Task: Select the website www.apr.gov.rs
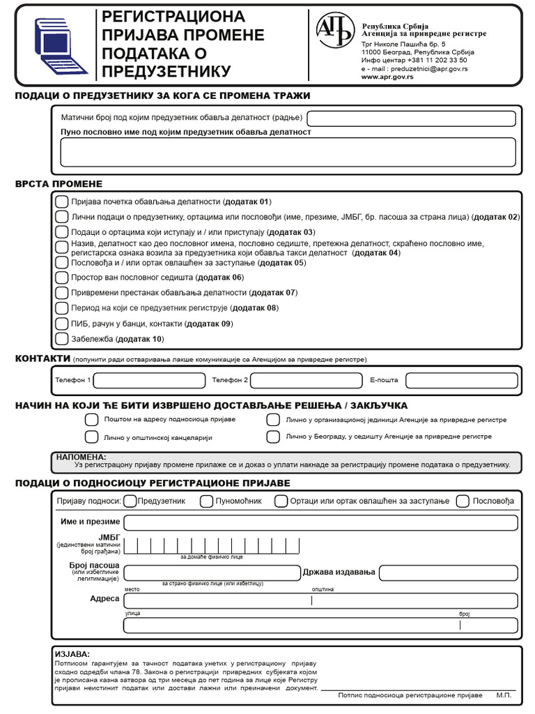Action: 387,77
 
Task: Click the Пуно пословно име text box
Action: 288,152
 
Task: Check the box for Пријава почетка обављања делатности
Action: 61,202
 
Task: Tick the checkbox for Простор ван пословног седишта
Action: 61,278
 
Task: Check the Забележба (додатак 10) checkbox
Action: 61,339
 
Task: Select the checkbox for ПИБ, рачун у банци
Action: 61,324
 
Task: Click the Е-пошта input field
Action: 461,380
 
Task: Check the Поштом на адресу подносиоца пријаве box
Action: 91,420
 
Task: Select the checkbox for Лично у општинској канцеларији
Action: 91,437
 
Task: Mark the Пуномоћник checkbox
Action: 206,501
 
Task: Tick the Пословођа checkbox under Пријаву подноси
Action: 463,501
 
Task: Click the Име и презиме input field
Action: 320,522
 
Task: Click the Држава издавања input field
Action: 448,572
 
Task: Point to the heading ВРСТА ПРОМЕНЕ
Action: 59,183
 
